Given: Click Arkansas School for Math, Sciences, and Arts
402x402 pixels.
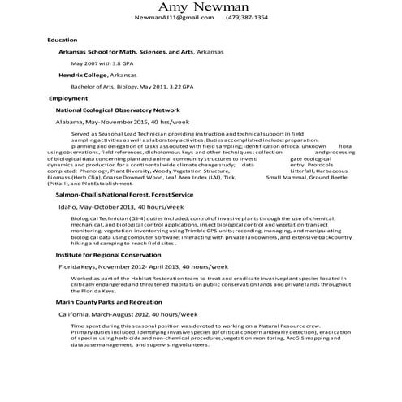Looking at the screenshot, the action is (x=129, y=50).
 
